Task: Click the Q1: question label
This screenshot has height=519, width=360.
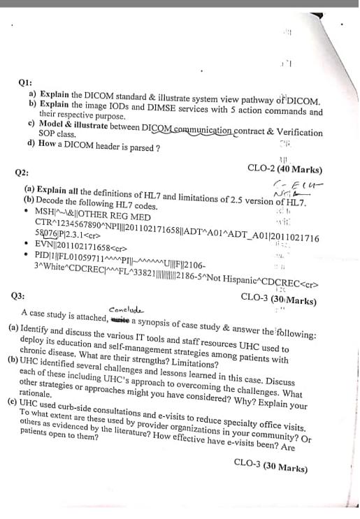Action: coord(25,82)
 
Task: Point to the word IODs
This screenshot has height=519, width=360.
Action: coord(129,103)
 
